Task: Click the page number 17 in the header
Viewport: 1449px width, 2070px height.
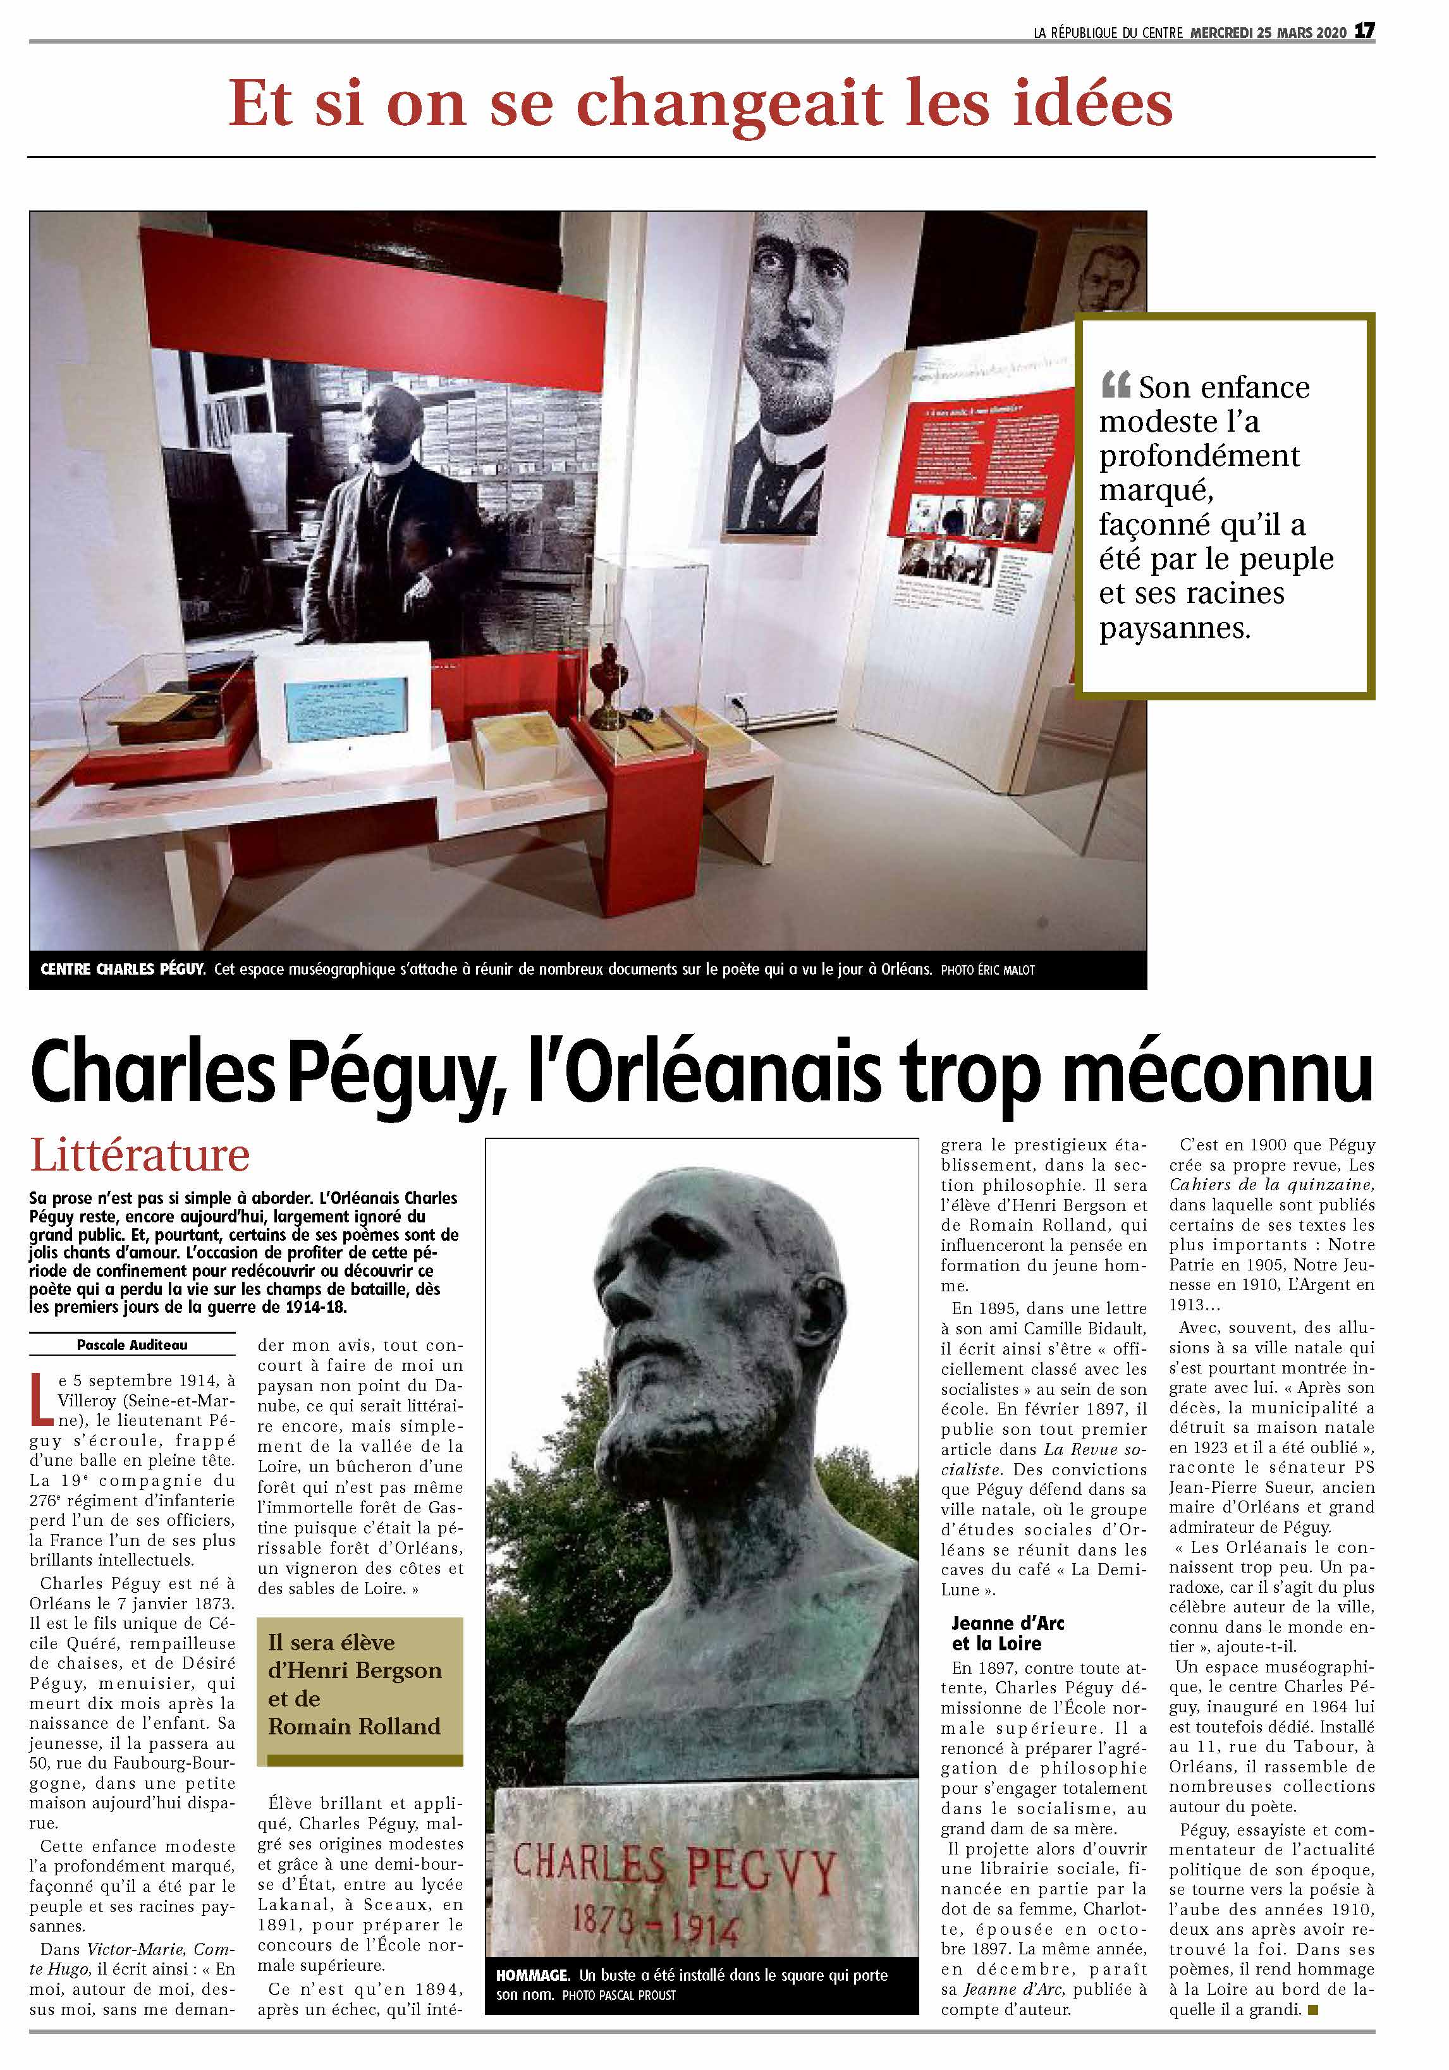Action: click(1364, 30)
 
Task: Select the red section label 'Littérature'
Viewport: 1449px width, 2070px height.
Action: click(140, 1155)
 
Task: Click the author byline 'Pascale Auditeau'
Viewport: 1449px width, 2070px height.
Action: click(131, 1344)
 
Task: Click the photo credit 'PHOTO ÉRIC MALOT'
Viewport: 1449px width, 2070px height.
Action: click(987, 970)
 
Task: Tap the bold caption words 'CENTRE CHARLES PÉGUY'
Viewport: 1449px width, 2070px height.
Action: click(123, 970)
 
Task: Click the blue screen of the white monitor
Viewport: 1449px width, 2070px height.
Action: click(345, 710)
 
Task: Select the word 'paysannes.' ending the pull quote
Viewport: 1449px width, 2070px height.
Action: click(1174, 628)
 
